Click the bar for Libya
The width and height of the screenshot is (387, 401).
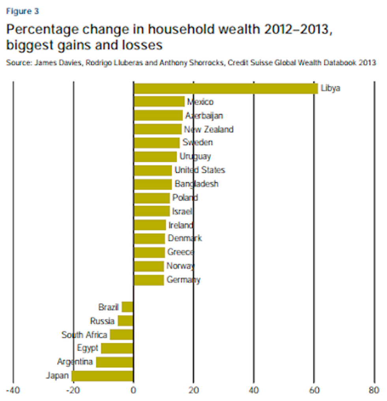point(225,89)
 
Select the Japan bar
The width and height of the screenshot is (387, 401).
point(102,375)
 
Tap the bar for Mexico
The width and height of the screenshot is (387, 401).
point(159,102)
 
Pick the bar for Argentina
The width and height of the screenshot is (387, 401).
point(115,362)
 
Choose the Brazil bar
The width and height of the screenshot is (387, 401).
point(128,307)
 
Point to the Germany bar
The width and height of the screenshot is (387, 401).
point(149,280)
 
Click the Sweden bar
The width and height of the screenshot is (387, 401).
point(157,143)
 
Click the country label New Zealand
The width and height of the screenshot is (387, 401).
point(209,129)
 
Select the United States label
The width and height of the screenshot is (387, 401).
point(200,170)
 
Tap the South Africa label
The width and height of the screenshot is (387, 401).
point(84,335)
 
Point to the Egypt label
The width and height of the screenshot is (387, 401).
point(88,348)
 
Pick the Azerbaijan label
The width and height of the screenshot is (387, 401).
point(204,116)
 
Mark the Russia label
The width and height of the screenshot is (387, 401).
point(102,321)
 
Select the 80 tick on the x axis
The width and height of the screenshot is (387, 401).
point(374,391)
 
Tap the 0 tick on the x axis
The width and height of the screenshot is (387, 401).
point(133,391)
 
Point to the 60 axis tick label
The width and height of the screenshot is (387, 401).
point(314,391)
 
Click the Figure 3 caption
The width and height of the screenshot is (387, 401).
point(22,11)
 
